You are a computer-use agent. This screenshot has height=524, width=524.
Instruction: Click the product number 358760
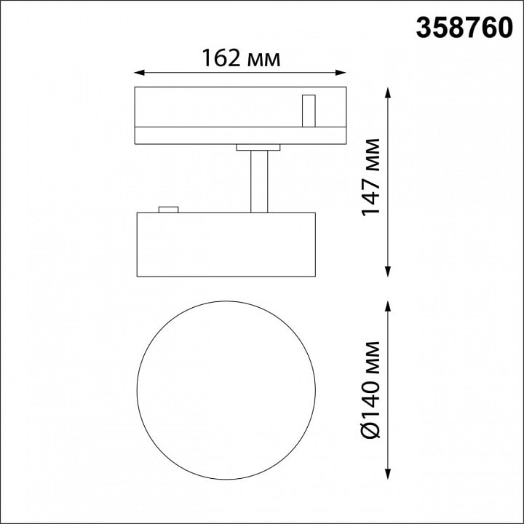(x=464, y=28)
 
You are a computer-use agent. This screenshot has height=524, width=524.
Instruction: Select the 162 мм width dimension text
(x=241, y=57)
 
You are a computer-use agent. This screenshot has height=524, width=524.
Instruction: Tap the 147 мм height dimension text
(x=371, y=177)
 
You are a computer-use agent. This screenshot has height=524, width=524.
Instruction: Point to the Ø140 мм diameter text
(x=371, y=389)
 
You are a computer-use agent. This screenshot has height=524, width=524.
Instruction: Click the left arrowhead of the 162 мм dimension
(x=139, y=73)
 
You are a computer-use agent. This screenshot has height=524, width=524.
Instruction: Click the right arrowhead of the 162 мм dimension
(x=341, y=73)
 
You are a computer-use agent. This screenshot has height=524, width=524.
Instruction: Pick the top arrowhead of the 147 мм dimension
(x=388, y=92)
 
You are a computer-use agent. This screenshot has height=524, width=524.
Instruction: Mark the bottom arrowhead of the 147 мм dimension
(x=388, y=271)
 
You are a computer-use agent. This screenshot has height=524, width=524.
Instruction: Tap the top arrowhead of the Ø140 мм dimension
(x=388, y=306)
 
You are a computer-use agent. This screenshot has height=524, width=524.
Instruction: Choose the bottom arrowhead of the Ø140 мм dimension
(x=388, y=475)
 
